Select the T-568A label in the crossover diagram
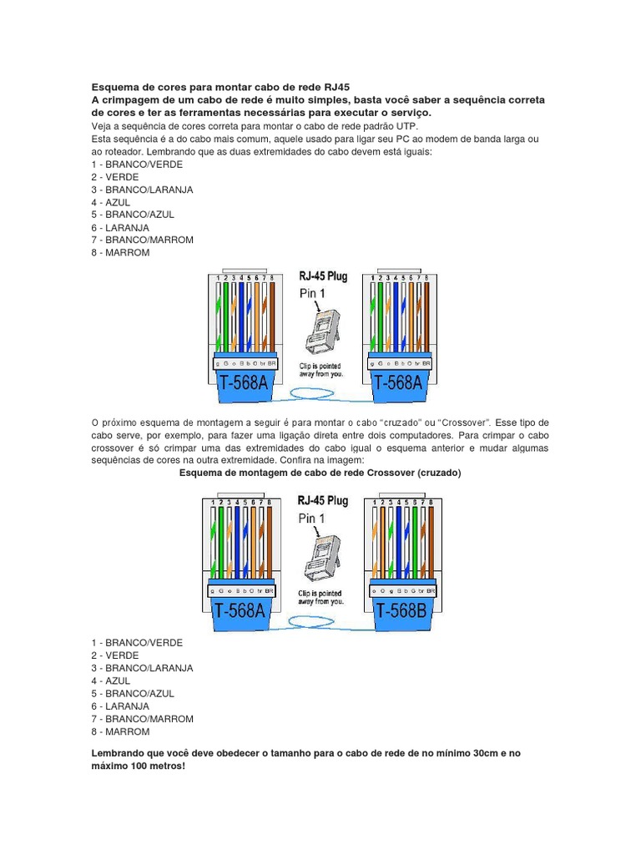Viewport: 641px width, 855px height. click(x=241, y=610)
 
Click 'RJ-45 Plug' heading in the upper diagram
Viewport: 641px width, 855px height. click(x=324, y=275)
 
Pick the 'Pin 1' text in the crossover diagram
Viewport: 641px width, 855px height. click(x=313, y=519)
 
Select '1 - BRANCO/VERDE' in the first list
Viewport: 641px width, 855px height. click(x=137, y=164)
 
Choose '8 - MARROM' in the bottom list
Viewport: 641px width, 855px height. click(x=120, y=731)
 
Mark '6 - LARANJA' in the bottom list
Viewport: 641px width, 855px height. click(x=120, y=706)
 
